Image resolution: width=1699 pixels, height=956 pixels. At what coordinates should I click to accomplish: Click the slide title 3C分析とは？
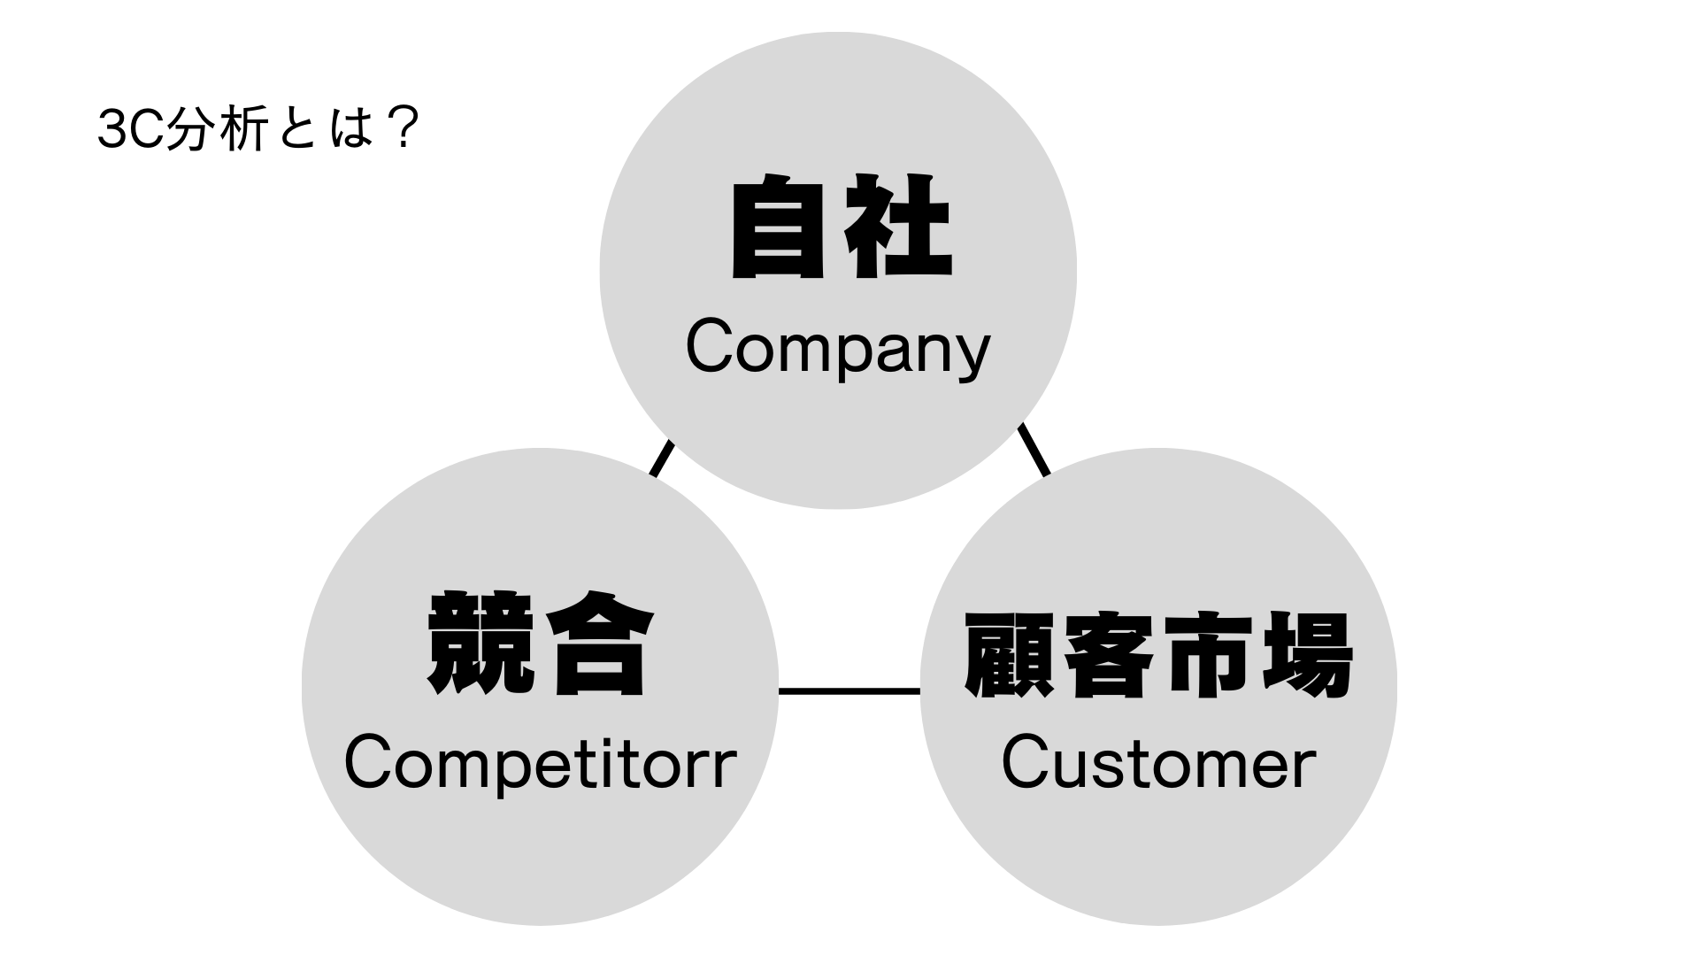click(257, 131)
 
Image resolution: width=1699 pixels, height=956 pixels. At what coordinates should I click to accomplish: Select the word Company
click(837, 351)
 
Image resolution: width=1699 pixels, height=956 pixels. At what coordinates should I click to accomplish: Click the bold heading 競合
click(540, 644)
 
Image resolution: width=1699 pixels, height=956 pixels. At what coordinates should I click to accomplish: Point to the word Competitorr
click(540, 765)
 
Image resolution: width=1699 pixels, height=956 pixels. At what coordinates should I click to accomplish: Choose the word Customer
click(1157, 765)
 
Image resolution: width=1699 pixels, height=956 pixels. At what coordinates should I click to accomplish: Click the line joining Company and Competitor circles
click(662, 459)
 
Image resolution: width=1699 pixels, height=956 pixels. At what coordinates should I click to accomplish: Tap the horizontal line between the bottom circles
click(849, 690)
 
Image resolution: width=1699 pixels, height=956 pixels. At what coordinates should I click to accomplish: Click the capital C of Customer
click(1024, 765)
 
